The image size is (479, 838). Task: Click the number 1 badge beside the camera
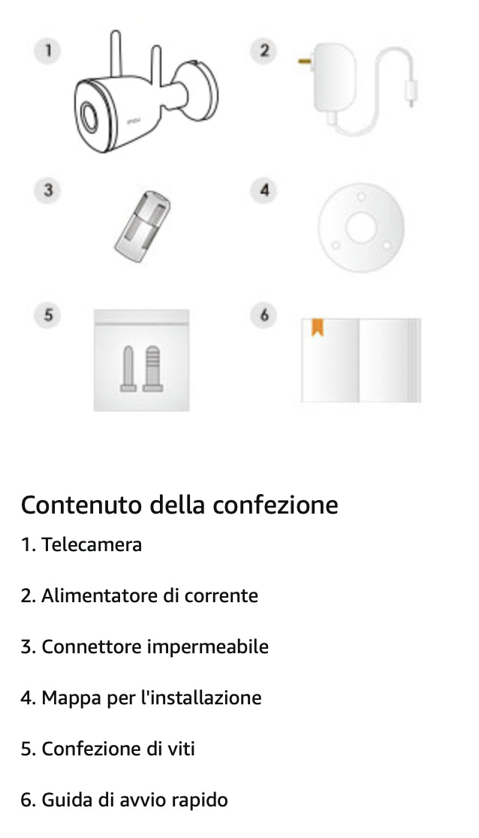(x=48, y=51)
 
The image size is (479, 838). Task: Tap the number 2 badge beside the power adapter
(x=264, y=51)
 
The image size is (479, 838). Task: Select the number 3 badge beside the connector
(x=48, y=190)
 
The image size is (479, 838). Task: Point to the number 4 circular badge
(x=264, y=190)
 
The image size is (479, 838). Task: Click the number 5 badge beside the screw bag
(x=48, y=315)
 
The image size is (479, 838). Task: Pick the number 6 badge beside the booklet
(x=264, y=315)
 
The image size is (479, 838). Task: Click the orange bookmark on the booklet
(x=317, y=327)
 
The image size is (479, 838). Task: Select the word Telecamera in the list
(x=92, y=544)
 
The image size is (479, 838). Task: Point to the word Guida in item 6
(x=65, y=800)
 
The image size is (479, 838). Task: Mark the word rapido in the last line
(x=198, y=800)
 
